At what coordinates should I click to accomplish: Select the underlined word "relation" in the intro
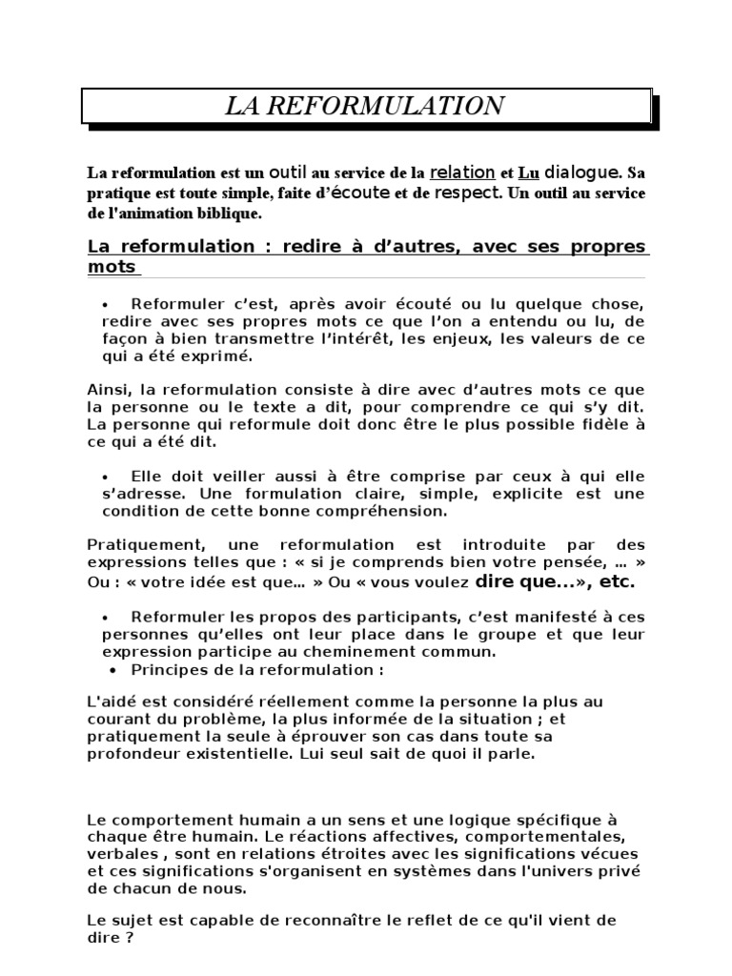coord(462,173)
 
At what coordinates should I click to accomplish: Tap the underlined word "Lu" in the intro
coord(528,173)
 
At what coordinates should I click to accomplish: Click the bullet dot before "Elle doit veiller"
coord(104,476)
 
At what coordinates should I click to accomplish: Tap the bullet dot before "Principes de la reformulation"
coord(104,669)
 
